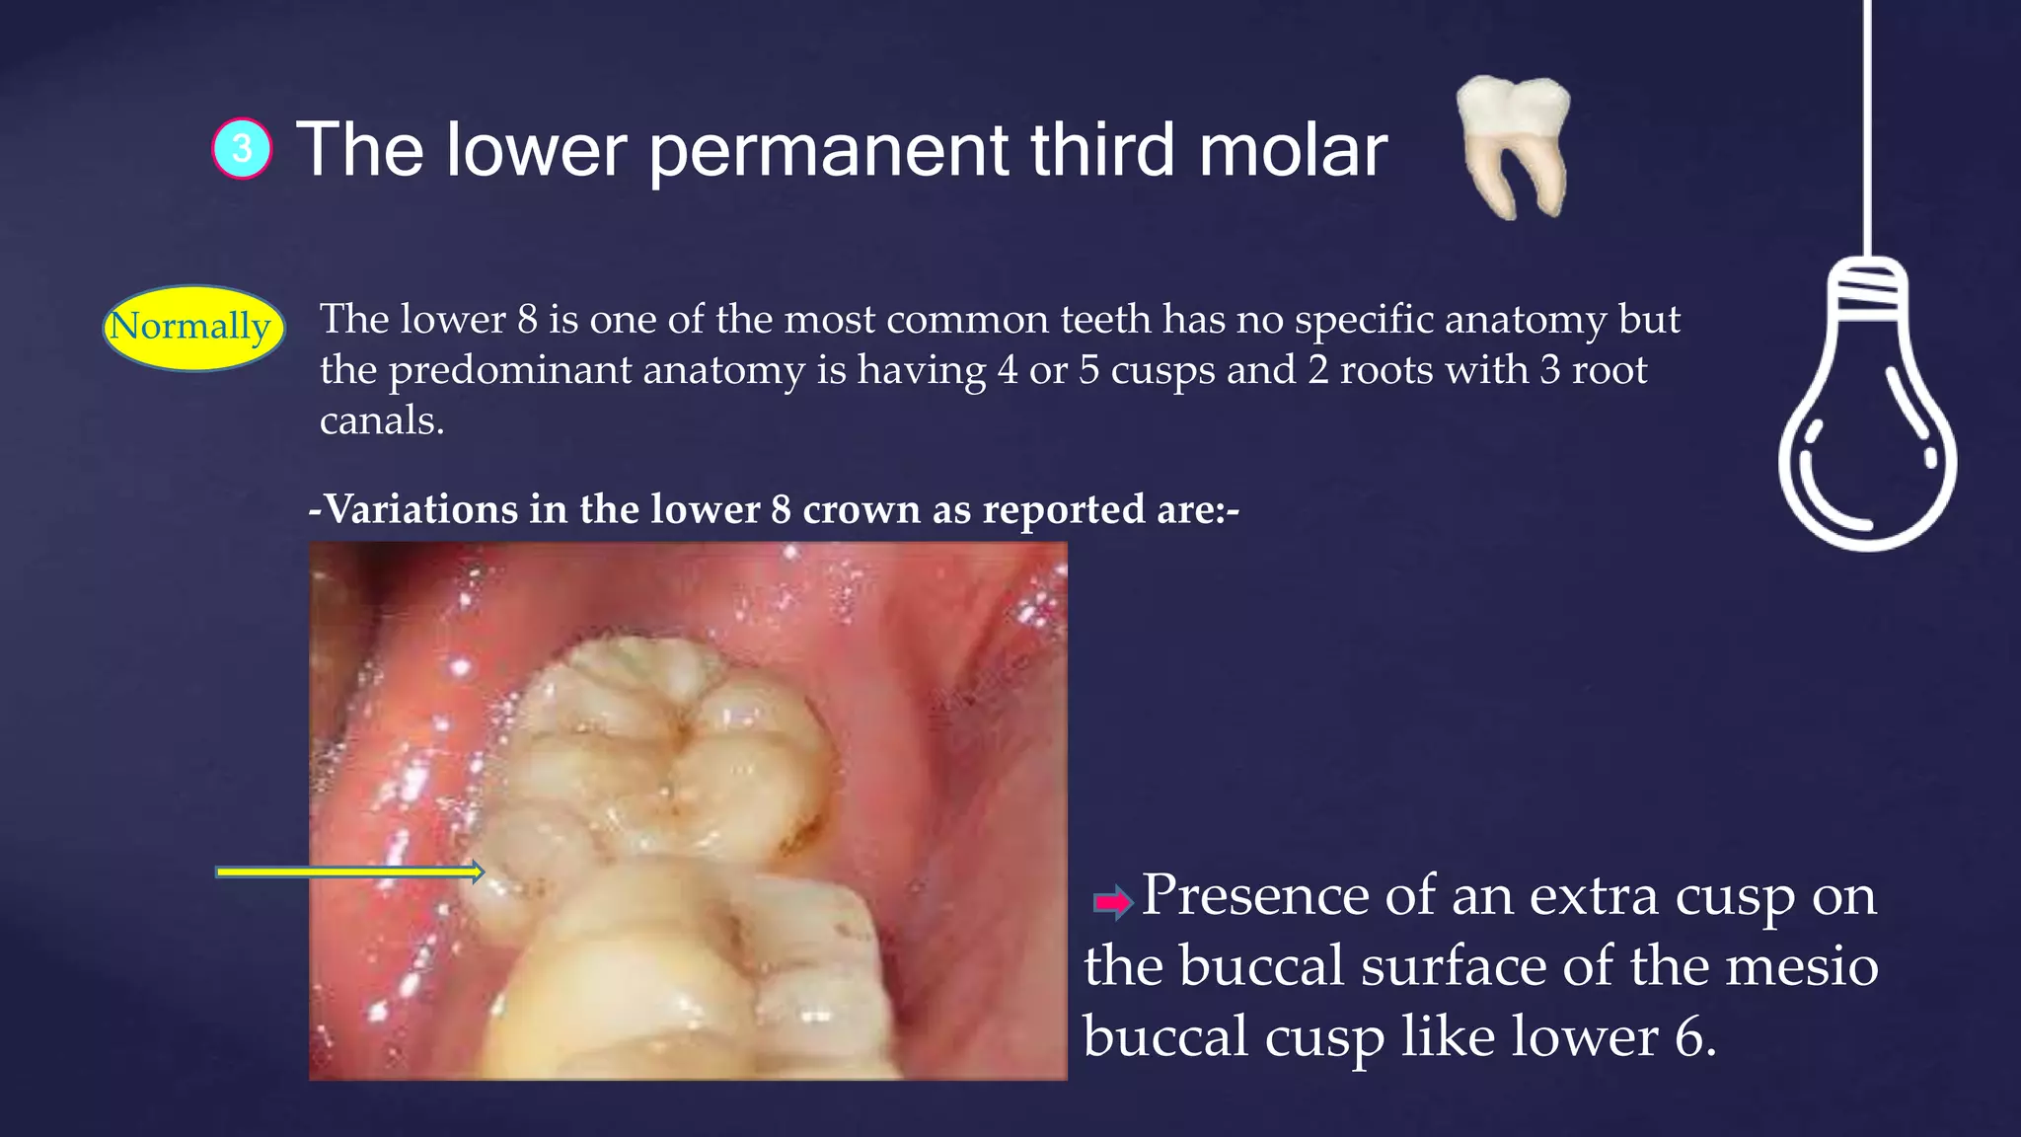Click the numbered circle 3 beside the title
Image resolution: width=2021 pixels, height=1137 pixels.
pyautogui.click(x=242, y=149)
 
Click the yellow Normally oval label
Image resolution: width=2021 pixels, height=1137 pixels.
pyautogui.click(x=192, y=327)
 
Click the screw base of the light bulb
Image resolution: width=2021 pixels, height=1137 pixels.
pyautogui.click(x=1867, y=289)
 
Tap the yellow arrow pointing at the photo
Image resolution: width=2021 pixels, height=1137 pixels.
pyautogui.click(x=349, y=872)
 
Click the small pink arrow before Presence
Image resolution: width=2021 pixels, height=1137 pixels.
pyautogui.click(x=1113, y=901)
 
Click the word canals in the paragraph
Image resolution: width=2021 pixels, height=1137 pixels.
pyautogui.click(x=379, y=421)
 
